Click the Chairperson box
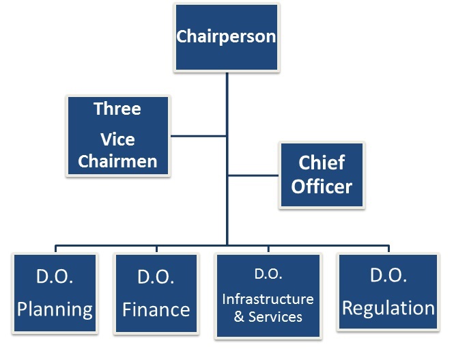(x=226, y=37)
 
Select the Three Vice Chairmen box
(x=117, y=135)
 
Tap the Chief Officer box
(x=322, y=174)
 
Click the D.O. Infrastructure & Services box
(x=268, y=295)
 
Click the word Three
(x=117, y=109)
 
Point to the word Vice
(x=117, y=140)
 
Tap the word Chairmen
(x=117, y=161)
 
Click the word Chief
(x=322, y=163)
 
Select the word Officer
(x=322, y=186)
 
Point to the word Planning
(x=55, y=309)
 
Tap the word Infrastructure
(x=268, y=299)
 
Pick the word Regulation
(x=388, y=308)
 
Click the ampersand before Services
(x=239, y=317)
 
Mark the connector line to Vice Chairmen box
(x=198, y=135)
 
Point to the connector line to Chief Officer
(x=253, y=175)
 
